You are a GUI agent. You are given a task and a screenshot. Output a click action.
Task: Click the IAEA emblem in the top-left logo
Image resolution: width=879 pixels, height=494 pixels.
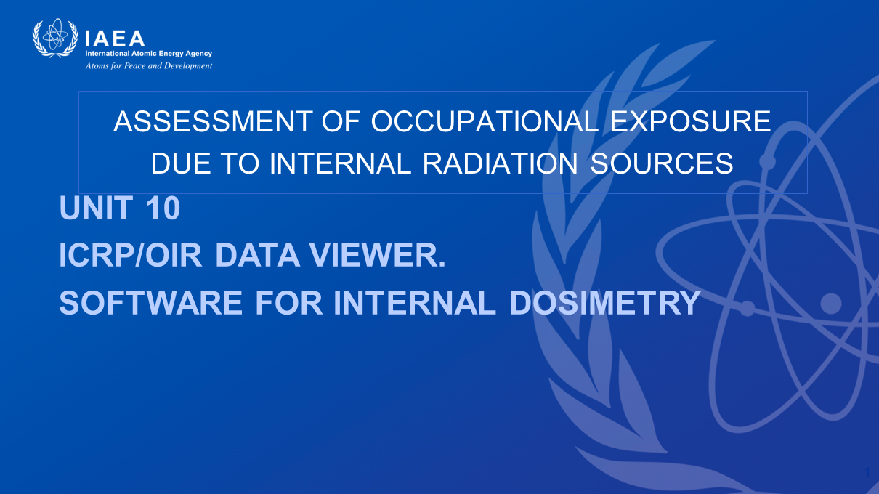[x=55, y=38]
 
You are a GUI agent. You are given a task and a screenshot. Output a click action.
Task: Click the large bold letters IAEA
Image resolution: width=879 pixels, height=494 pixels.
[x=115, y=39]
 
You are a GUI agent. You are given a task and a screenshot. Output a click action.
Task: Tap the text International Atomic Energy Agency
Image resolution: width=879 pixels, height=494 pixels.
[x=149, y=53]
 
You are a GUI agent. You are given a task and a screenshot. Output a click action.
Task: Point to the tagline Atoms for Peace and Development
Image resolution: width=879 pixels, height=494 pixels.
[x=149, y=65]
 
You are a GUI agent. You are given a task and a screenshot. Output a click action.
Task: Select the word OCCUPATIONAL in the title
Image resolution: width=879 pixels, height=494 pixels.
[x=485, y=121]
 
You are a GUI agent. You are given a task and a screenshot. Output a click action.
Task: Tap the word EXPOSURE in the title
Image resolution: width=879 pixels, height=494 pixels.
[x=690, y=121]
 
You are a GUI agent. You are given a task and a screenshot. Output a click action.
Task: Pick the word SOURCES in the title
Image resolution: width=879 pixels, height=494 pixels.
[x=662, y=163]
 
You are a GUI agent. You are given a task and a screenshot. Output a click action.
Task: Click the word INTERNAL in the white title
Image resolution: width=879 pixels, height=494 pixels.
[x=340, y=163]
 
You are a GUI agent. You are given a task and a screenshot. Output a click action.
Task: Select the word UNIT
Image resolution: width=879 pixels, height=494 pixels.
[x=96, y=208]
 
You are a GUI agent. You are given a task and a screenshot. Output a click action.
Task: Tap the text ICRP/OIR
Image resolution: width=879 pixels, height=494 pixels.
[x=130, y=255]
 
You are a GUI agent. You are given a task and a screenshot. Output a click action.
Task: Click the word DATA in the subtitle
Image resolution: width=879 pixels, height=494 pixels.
[x=257, y=255]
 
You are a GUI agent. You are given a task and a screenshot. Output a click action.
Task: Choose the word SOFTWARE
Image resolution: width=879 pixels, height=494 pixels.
[x=150, y=302]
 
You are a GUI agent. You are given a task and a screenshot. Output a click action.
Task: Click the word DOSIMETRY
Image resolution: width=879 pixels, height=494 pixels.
[x=604, y=302]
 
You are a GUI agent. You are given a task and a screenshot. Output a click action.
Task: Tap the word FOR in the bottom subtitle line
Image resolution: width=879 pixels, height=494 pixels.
[x=289, y=302]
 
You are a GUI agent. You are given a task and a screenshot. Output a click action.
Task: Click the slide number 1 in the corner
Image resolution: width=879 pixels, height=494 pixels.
[x=867, y=472]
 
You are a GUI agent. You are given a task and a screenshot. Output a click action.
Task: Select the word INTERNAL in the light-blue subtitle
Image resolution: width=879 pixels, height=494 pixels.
[x=416, y=302]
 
